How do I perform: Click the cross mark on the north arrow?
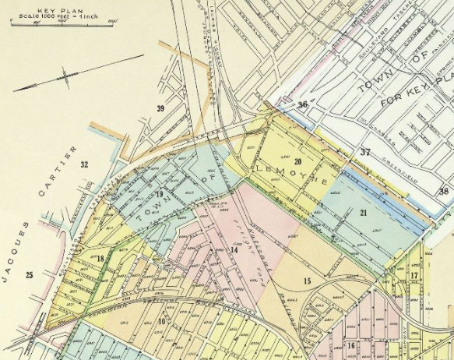click(65, 78)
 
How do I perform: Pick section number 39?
click(160, 108)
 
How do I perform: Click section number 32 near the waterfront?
click(84, 164)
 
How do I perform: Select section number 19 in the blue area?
click(159, 194)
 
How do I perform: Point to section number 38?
click(443, 190)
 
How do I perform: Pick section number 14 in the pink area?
click(233, 249)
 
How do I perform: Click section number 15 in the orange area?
click(307, 281)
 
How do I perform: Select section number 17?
click(414, 275)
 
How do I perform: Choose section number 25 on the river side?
click(30, 274)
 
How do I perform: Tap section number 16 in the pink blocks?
click(352, 344)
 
